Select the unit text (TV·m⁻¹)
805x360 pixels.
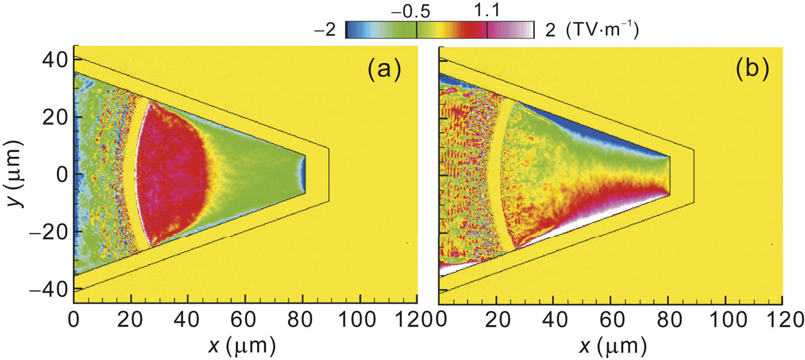click(603, 30)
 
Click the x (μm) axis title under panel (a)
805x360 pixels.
click(244, 346)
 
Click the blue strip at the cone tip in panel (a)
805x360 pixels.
click(303, 174)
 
